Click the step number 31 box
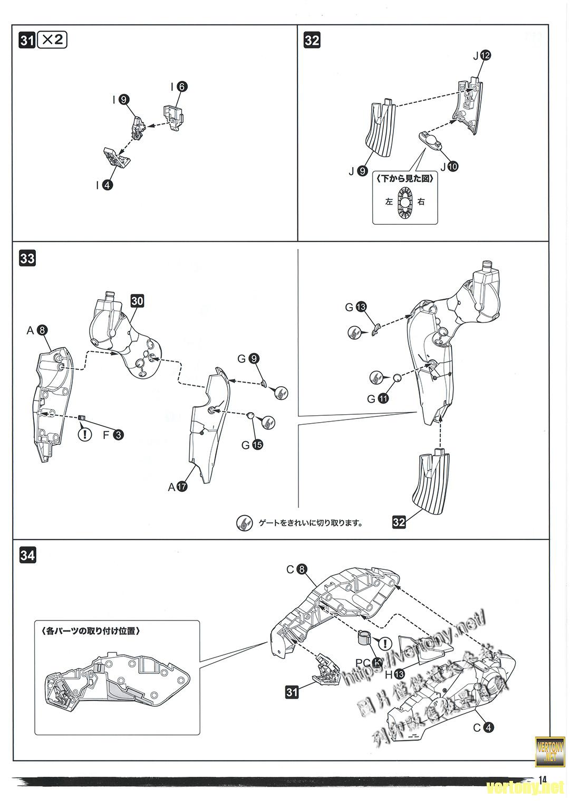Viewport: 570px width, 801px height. tap(27, 41)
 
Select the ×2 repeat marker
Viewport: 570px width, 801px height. tap(52, 40)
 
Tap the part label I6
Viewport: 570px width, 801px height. tap(178, 87)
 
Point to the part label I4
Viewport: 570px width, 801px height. tap(104, 185)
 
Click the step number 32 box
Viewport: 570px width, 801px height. tap(312, 41)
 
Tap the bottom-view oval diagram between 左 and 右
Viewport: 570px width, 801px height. tap(405, 201)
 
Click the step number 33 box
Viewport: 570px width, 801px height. tap(27, 259)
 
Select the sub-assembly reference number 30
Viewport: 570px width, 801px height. tap(137, 301)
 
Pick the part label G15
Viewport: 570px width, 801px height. tap(252, 445)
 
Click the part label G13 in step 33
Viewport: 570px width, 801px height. tap(356, 307)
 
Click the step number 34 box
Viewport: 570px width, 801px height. tap(27, 555)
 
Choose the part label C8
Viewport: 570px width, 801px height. tap(296, 569)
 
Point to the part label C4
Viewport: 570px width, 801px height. tap(483, 728)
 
